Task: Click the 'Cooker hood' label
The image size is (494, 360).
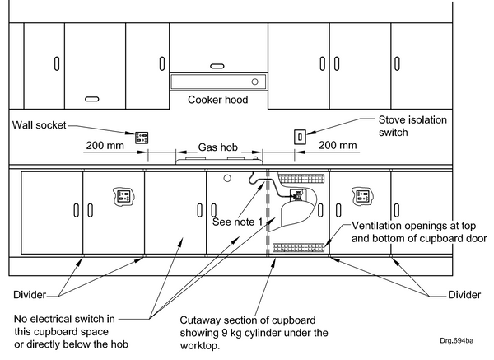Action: (x=217, y=101)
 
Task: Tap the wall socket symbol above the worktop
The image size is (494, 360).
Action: (x=142, y=137)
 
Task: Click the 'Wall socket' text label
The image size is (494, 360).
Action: (x=39, y=126)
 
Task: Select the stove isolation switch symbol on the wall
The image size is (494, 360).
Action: (x=301, y=136)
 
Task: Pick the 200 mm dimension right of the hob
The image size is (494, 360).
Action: (x=338, y=145)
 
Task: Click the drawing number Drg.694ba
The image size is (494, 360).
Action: (x=467, y=339)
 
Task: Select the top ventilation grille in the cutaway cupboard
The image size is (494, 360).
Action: (x=301, y=178)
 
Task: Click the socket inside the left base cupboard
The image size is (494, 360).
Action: (x=123, y=196)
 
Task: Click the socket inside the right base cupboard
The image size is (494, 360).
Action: (x=359, y=197)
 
